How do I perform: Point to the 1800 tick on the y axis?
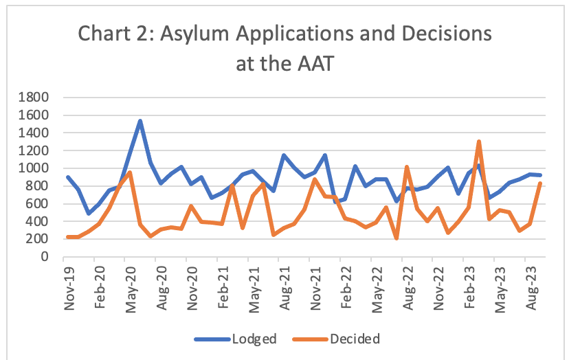(x=34, y=97)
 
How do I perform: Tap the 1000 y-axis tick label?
(x=34, y=168)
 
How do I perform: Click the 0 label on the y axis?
(x=43, y=257)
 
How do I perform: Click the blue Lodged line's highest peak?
(x=140, y=121)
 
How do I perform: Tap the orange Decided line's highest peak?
(x=479, y=142)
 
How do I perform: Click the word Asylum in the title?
(x=197, y=34)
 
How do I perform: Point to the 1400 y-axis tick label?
(x=34, y=133)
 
